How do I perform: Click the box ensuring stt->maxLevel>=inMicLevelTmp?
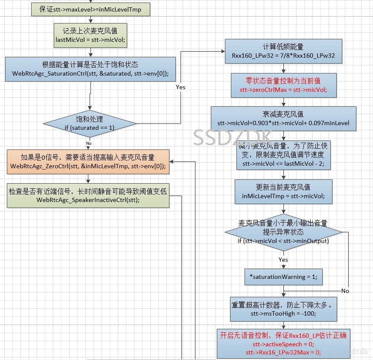tap(90, 9)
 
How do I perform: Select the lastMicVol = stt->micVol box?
tap(90, 36)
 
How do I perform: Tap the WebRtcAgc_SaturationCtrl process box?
tap(90, 69)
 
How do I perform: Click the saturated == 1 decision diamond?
tap(90, 123)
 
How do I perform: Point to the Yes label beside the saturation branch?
tap(181, 87)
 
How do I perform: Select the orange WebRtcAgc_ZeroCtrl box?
tap(88, 161)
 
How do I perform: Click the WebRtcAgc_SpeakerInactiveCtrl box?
tap(88, 196)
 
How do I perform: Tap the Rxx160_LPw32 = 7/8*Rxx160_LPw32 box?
tap(283, 51)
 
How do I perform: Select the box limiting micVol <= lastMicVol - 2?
tap(283, 155)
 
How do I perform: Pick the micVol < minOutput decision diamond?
tap(283, 232)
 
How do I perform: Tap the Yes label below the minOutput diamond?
tap(283, 260)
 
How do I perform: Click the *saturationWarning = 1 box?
tap(283, 277)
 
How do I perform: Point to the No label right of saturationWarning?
tap(345, 291)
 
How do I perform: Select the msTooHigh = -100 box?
tap(283, 309)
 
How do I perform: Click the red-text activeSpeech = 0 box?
tap(283, 344)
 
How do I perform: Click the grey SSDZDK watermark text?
tap(233, 138)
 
